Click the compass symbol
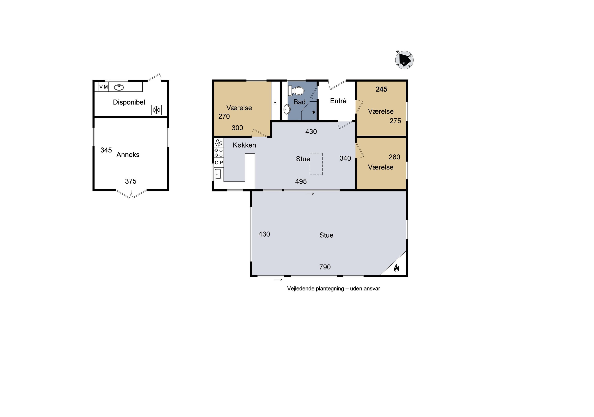click(x=404, y=60)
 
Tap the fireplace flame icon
click(x=396, y=268)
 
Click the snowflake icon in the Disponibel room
click(x=156, y=110)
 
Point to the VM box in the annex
click(x=104, y=87)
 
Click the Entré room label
click(x=338, y=101)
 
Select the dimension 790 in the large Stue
click(x=325, y=267)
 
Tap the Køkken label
click(x=244, y=145)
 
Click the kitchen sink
click(x=218, y=174)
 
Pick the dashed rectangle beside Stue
click(x=316, y=164)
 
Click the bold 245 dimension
click(x=381, y=89)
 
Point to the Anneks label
click(x=128, y=155)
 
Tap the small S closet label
click(x=275, y=103)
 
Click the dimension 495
click(x=301, y=182)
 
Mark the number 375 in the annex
click(x=131, y=181)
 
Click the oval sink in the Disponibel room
click(x=119, y=88)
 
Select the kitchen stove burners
click(x=219, y=153)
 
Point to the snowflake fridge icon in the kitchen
click(x=219, y=143)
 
